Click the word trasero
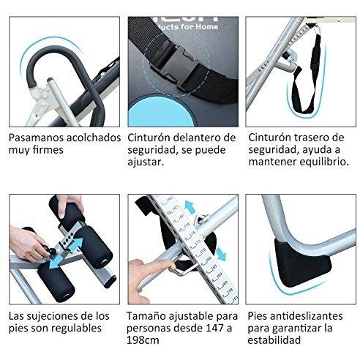pyautogui.click(x=311, y=137)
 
